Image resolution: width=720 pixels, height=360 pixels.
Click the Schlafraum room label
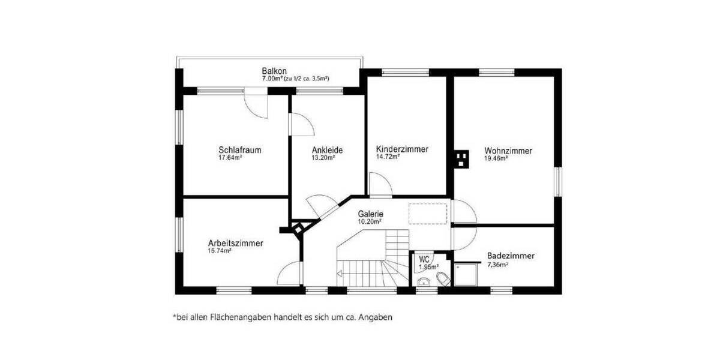point(239,150)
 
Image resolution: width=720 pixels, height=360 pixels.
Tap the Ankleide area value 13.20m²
point(322,158)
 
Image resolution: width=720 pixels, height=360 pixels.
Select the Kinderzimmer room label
point(402,149)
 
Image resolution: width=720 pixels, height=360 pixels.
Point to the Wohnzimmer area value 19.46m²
point(496,159)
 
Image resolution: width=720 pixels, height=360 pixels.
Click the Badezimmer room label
point(511,256)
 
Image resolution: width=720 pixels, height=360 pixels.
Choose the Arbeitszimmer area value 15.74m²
point(220,251)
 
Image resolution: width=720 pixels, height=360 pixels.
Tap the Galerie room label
point(370,214)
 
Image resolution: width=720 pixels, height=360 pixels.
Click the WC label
point(424,259)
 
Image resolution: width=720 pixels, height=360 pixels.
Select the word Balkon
point(274,71)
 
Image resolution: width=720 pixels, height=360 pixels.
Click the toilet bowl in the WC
point(443,278)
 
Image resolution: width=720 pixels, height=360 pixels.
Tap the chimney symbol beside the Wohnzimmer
point(461,159)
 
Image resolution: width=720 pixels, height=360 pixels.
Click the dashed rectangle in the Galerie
point(428,213)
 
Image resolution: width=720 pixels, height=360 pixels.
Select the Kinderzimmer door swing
point(378,184)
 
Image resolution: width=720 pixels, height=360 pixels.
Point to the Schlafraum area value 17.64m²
point(230,158)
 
